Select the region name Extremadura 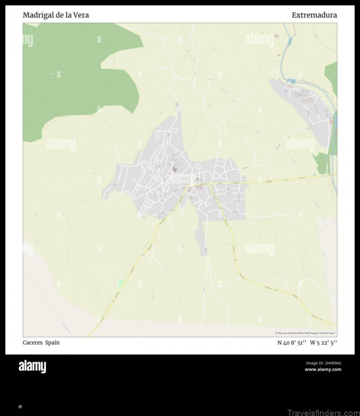[x=314, y=15]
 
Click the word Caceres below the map [x=32, y=343]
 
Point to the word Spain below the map [x=52, y=343]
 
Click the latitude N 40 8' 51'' [x=292, y=343]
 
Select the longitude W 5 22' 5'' [x=324, y=343]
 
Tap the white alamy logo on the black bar [x=32, y=367]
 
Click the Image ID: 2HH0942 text [x=323, y=363]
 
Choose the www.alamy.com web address [x=323, y=370]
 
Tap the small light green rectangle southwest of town [x=121, y=284]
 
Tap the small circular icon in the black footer [x=20, y=407]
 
